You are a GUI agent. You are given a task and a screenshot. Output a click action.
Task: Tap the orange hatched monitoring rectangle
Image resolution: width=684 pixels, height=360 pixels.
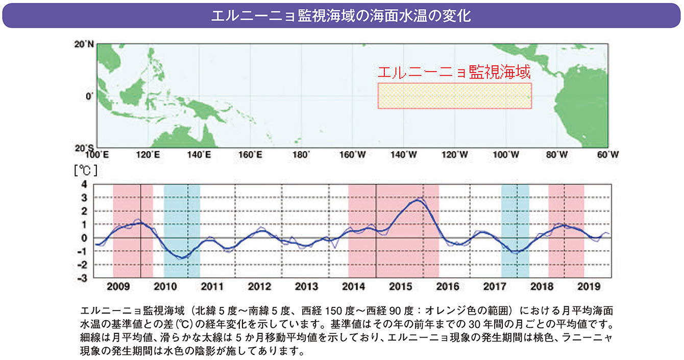click(454, 95)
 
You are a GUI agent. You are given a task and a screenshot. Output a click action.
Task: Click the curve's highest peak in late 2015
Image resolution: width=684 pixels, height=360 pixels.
click(419, 200)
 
